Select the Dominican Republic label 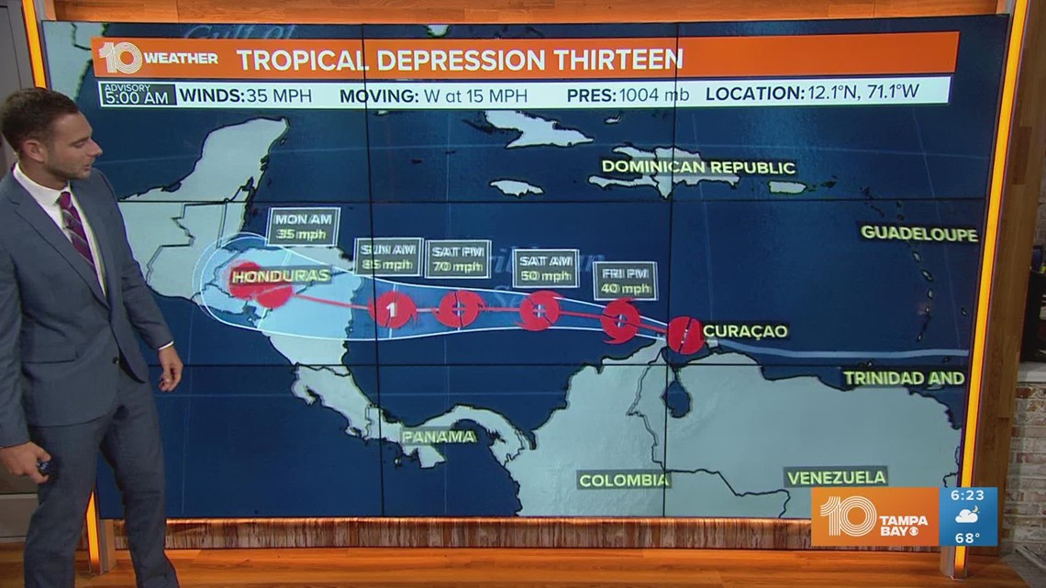coord(698,167)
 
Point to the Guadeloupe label coord(918,233)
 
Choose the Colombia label coord(624,480)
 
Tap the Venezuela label coord(836,477)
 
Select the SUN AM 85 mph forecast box coord(388,256)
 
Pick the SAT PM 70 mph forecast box coord(458,258)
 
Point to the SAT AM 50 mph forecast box coord(545,264)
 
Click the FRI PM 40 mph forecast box coord(625,281)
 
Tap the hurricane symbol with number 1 coord(392,309)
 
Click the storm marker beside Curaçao coord(684,335)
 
